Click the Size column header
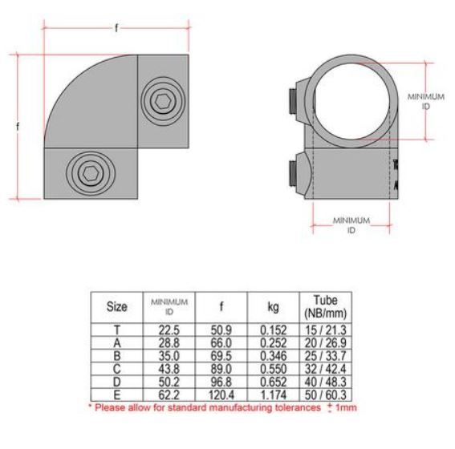point(116,305)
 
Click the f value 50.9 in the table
point(221,330)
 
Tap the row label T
point(116,330)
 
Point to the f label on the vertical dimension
point(18,126)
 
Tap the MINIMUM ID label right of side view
point(425,101)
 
